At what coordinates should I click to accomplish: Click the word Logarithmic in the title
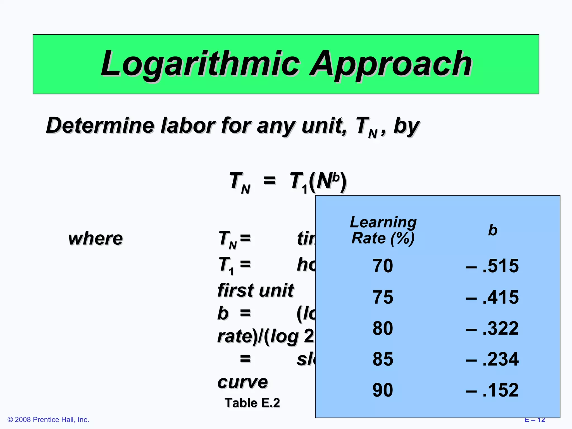click(200, 64)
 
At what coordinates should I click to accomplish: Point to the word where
click(96, 239)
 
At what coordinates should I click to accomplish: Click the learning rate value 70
click(383, 266)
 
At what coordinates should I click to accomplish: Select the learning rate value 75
click(383, 297)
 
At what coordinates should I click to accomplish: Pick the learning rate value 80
click(383, 328)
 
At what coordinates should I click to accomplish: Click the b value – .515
click(492, 266)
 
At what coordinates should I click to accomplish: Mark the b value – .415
click(492, 297)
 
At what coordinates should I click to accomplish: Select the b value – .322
click(492, 328)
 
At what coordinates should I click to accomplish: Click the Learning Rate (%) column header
click(383, 230)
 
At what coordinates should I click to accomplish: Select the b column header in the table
click(493, 230)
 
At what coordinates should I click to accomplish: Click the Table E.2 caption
click(252, 403)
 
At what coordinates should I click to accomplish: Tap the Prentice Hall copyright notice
click(48, 420)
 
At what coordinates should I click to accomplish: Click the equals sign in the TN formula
click(270, 180)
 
